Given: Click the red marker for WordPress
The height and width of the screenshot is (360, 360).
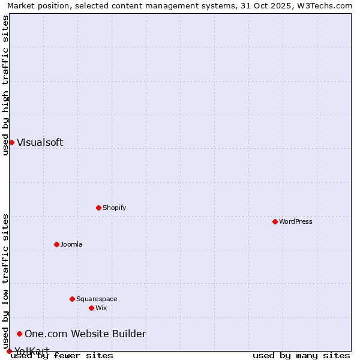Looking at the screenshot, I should coord(275,221).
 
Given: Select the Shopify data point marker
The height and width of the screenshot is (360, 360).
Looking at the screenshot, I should coord(98,208).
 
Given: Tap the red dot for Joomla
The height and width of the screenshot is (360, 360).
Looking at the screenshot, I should coord(56,244).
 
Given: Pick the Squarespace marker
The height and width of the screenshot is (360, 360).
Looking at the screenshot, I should coord(72,299).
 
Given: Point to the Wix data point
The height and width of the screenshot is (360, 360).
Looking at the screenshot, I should coord(91,308).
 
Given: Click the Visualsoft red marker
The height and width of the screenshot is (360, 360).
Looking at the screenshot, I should coord(11,142).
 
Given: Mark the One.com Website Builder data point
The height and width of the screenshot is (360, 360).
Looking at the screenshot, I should coord(19,334).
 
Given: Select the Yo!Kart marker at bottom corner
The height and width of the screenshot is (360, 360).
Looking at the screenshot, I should coord(9,351).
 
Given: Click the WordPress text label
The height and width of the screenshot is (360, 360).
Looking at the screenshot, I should coord(296,221).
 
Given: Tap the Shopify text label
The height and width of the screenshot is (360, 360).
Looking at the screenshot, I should coord(114,208).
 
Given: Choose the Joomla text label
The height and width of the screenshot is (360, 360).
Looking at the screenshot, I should coord(71,244).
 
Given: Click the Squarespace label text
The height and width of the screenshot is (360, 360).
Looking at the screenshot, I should coord(97,299).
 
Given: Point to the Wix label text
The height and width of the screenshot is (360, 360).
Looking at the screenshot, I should coord(101,308).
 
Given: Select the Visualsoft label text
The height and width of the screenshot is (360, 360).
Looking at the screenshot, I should coord(40,142).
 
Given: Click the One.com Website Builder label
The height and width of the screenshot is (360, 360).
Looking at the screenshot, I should coord(85,334).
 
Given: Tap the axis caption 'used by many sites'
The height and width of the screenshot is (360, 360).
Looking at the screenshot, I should coord(301,355).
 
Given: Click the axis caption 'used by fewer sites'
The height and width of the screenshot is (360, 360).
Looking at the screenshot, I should coord(62,355).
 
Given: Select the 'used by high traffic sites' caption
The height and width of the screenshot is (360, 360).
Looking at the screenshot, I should coord(5,85).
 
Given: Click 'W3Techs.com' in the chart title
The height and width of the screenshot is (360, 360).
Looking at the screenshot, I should coord(327,5).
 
